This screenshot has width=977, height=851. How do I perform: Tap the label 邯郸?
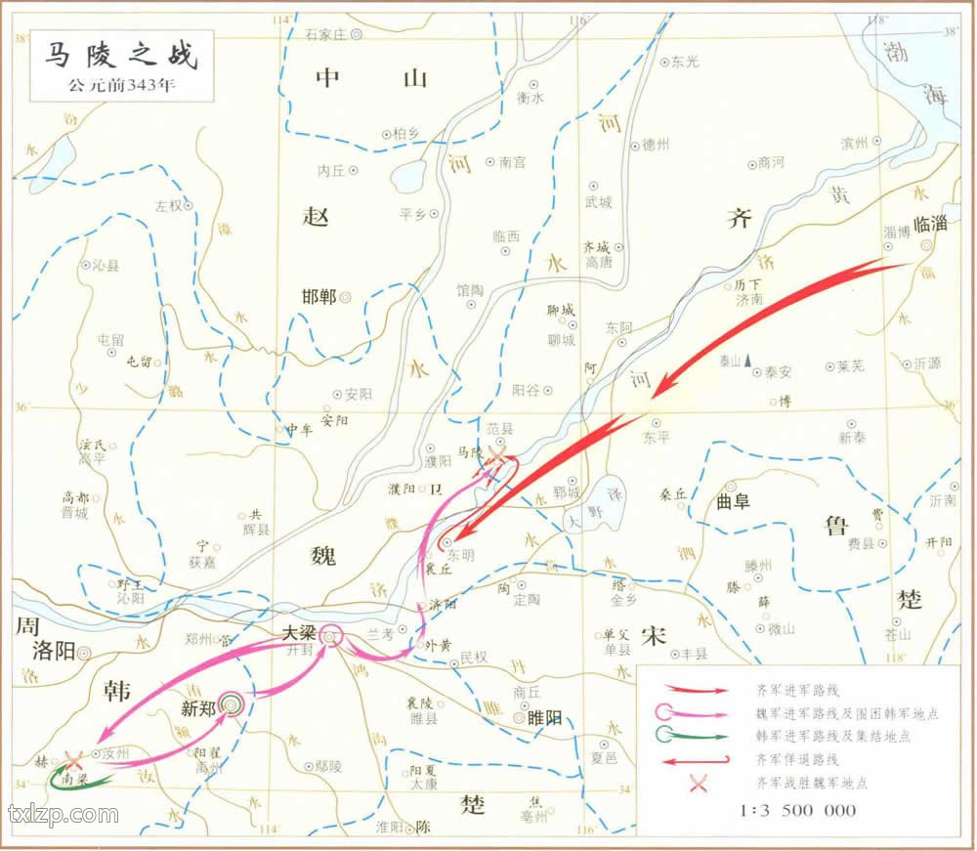[x=319, y=296]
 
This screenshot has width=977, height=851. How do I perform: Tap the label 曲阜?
[x=733, y=502]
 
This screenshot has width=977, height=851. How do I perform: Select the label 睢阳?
[x=545, y=717]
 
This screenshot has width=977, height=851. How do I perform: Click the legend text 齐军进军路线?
[x=795, y=689]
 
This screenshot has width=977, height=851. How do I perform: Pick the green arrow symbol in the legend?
[x=696, y=736]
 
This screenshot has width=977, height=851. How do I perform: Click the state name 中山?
[x=370, y=79]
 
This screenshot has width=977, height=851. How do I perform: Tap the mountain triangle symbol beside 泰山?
[x=748, y=362]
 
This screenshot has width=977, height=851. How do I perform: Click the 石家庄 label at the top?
[x=325, y=34]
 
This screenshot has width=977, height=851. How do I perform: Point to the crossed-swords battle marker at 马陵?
[x=497, y=458]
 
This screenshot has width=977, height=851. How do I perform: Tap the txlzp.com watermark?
[x=63, y=814]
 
